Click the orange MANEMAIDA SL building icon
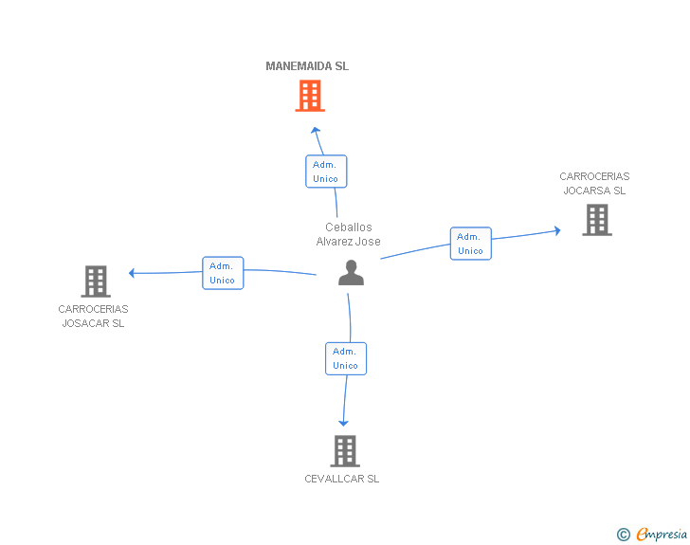(x=310, y=96)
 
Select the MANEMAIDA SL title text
(x=307, y=66)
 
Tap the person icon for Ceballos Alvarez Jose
(x=351, y=273)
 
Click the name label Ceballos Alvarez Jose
(x=349, y=234)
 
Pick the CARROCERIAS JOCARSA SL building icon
(x=596, y=220)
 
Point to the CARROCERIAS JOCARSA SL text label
(x=594, y=183)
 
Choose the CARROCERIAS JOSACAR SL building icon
(x=96, y=282)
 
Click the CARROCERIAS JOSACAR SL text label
(x=93, y=316)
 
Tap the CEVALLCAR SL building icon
(x=345, y=451)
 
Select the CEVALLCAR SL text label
(x=342, y=479)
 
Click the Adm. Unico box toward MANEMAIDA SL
(x=326, y=172)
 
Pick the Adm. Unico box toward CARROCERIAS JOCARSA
(x=470, y=244)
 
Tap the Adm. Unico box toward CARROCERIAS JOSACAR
(x=223, y=273)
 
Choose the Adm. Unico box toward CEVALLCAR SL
(x=346, y=358)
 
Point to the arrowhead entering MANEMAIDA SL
(x=317, y=130)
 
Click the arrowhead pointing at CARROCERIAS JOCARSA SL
(x=556, y=230)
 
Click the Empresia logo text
(x=662, y=534)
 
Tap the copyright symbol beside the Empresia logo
(x=624, y=535)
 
